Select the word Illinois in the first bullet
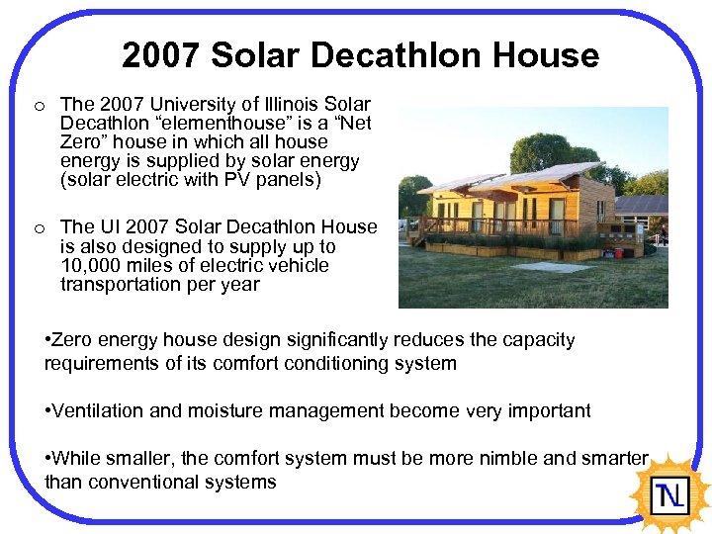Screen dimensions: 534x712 point(284,104)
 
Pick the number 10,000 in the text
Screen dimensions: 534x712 point(93,265)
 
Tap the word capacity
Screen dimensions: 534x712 point(540,339)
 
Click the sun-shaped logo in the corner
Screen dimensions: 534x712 point(671,491)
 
